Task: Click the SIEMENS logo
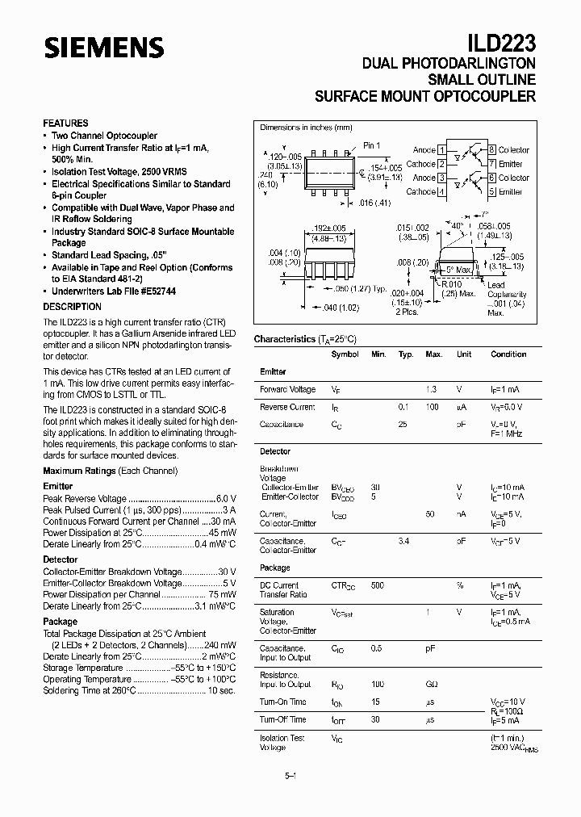102,48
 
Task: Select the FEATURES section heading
65,124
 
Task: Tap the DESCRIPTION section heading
72,307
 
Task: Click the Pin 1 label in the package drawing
371,145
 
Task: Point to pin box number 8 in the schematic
491,150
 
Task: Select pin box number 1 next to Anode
441,150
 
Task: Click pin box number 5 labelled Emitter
491,191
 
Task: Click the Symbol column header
345,354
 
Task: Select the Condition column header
508,354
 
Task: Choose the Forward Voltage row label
287,389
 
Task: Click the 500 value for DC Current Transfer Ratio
377,584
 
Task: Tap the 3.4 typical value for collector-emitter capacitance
404,541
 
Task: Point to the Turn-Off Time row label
282,719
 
